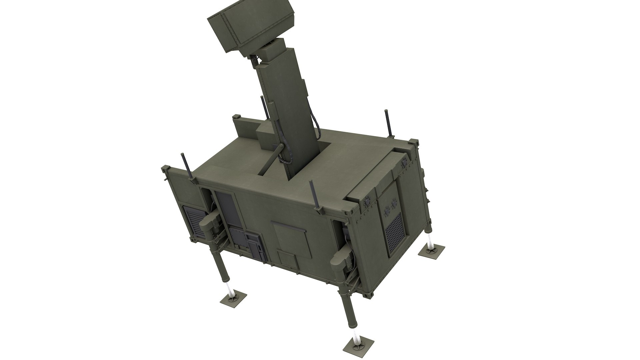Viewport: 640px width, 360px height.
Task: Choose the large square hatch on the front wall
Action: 289,236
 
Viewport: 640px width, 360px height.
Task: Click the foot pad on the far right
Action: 431,250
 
